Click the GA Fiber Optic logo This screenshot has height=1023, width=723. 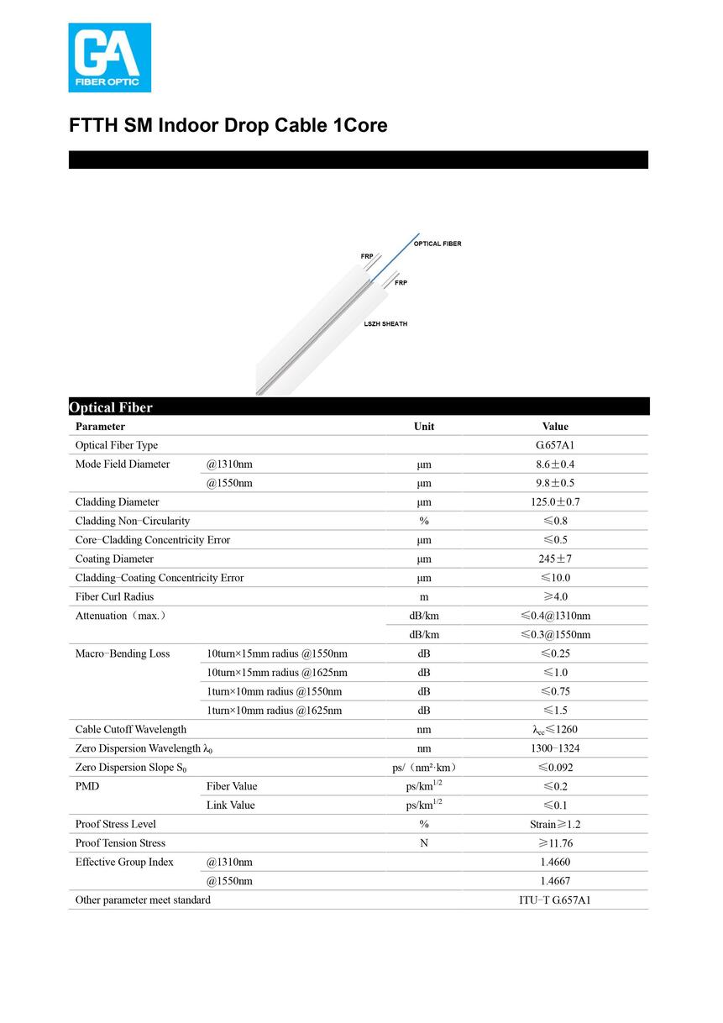[x=109, y=57]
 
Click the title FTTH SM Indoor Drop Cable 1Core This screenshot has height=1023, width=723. [x=228, y=126]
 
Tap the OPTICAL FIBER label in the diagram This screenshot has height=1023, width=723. [x=437, y=244]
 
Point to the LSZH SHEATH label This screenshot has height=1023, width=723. [x=385, y=324]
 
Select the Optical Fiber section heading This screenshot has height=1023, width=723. [x=111, y=407]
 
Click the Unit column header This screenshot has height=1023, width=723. [x=424, y=427]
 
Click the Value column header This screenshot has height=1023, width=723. [x=555, y=427]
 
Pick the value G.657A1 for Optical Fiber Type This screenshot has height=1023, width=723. [x=555, y=445]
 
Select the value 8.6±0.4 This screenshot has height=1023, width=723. [x=555, y=464]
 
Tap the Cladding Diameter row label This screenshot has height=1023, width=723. [x=117, y=502]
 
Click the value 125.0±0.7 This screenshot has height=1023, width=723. [x=555, y=502]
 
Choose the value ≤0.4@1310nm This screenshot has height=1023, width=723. [x=555, y=616]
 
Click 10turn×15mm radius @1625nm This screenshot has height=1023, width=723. [x=277, y=673]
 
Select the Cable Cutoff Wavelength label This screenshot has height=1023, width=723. [x=131, y=729]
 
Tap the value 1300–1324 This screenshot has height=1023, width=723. [x=555, y=748]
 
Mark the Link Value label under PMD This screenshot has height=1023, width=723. [x=231, y=805]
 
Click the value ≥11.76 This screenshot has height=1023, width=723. [x=555, y=843]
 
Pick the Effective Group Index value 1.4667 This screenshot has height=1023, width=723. [x=555, y=881]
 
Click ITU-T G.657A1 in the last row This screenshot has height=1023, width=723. [x=555, y=900]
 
